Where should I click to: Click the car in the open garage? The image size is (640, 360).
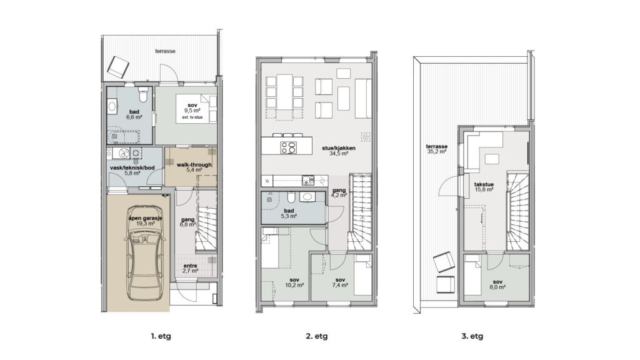(145, 253)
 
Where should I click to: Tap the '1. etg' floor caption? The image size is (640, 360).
(161, 337)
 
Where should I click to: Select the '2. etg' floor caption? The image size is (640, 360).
(317, 337)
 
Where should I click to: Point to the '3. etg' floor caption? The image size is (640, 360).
(472, 337)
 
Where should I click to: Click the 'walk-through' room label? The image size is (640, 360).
(194, 165)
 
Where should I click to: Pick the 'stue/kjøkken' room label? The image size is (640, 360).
(339, 148)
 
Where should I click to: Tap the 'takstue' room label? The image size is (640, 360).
(484, 184)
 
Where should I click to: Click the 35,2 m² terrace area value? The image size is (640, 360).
(437, 151)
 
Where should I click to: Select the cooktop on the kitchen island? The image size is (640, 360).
(289, 147)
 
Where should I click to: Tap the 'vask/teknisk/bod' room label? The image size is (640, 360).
(132, 167)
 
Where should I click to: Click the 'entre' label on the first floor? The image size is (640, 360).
(190, 266)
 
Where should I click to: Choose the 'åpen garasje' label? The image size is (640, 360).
(145, 218)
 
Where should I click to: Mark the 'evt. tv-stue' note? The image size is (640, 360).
(192, 117)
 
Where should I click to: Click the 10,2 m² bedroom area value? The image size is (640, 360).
(294, 285)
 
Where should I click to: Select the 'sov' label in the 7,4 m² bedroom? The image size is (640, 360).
(340, 280)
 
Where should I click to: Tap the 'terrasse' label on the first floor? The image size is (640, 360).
(165, 51)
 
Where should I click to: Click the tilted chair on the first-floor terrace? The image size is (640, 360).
(118, 67)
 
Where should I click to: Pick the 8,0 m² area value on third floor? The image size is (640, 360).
(497, 287)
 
